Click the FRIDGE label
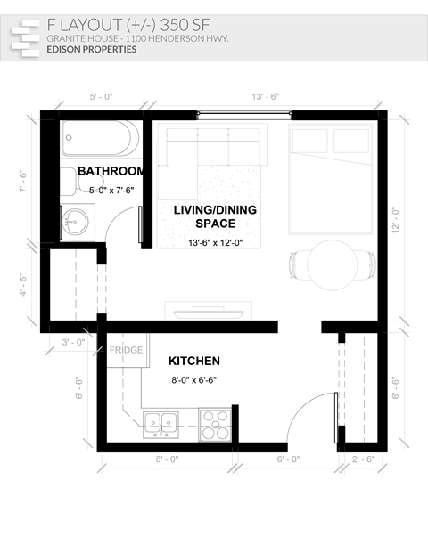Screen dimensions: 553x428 (x=126, y=351)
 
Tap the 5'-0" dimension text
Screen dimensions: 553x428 (x=101, y=96)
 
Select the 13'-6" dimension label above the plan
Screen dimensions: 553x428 (x=266, y=96)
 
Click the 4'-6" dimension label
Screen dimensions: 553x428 (x=24, y=284)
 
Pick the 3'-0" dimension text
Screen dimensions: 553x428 (x=73, y=342)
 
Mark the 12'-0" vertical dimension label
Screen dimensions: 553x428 (x=396, y=219)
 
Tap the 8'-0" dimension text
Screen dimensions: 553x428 (x=168, y=459)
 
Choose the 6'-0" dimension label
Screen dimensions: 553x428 (x=288, y=459)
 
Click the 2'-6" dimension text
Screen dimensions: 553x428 (x=363, y=459)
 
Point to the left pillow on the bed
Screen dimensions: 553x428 (x=309, y=141)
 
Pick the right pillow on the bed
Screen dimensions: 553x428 (x=350, y=141)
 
